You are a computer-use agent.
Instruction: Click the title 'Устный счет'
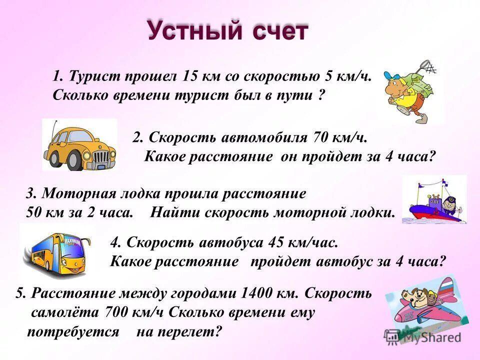(227, 30)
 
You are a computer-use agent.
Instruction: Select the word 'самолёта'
(65, 312)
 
